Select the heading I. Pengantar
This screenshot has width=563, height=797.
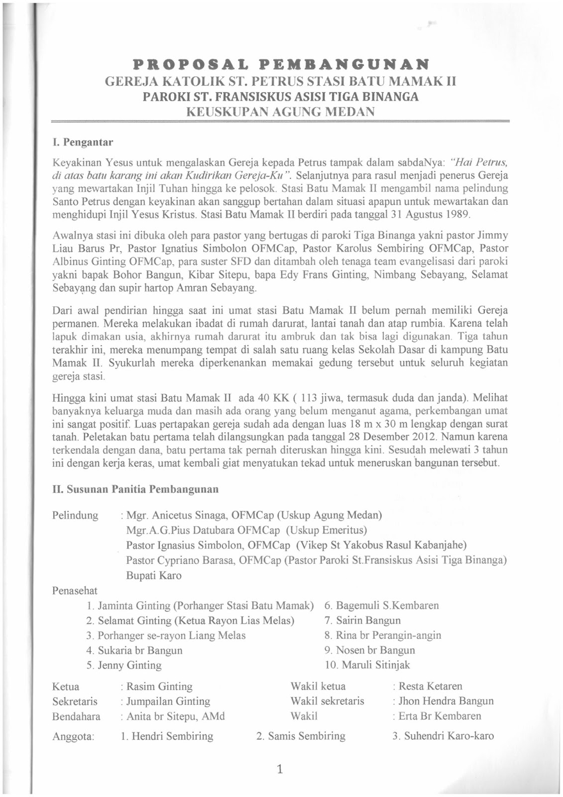tap(83, 142)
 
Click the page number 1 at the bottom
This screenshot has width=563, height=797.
tap(280, 770)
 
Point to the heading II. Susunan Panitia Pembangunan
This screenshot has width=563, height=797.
tap(135, 489)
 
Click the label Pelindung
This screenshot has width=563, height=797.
tap(75, 515)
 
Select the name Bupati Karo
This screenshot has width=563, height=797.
tap(154, 575)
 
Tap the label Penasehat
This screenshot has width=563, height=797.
tap(75, 591)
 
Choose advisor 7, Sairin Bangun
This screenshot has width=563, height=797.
tap(368, 621)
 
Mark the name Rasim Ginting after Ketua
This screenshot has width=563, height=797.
tap(159, 686)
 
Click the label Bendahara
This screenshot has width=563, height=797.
tap(76, 716)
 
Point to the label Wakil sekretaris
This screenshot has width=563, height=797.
tap(327, 701)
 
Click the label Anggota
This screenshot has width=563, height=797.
tap(73, 737)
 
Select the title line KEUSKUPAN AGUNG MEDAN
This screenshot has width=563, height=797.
tap(280, 111)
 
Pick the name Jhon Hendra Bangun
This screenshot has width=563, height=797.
tap(446, 701)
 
